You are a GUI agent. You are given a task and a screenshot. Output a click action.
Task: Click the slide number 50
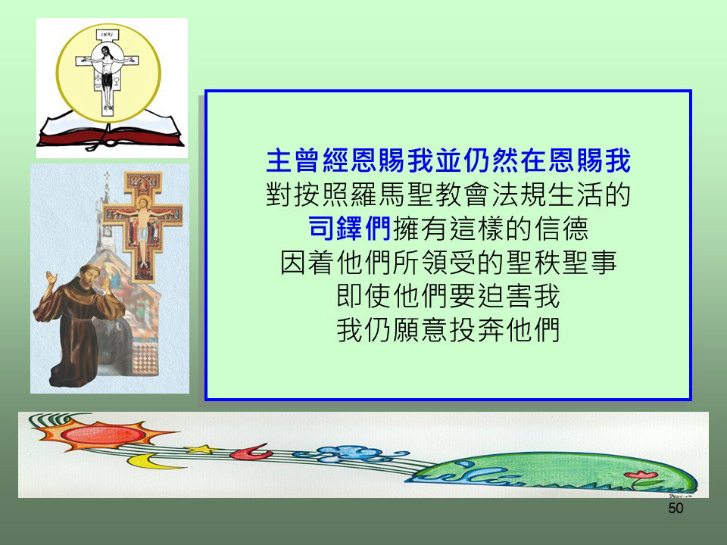(676, 508)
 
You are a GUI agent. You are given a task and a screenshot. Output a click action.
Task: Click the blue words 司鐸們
(350, 228)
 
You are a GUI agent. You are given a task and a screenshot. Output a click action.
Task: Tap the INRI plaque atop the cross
(107, 35)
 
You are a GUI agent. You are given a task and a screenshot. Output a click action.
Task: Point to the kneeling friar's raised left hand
(51, 279)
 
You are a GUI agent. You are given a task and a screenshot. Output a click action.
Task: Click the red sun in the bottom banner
(103, 434)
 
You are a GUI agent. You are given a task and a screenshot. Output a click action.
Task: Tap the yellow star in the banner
(201, 449)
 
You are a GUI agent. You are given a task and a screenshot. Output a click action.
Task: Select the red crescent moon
(251, 452)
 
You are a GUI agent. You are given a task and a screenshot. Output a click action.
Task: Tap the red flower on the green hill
(641, 475)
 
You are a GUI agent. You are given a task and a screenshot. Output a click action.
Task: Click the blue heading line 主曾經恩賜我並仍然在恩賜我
(448, 160)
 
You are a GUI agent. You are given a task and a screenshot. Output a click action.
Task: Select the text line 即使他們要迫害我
(448, 296)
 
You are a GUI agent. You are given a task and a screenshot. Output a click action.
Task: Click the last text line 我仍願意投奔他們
(448, 329)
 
